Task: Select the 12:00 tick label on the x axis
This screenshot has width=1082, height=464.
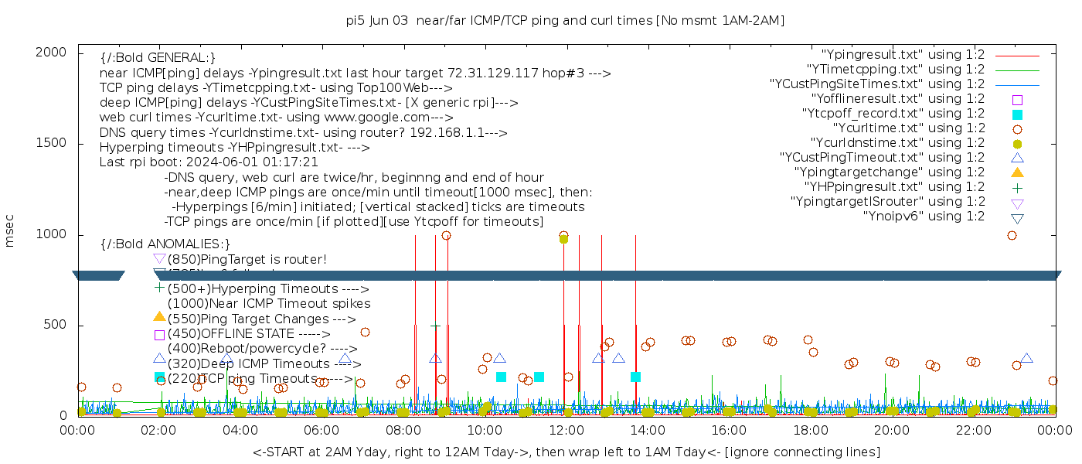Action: [566, 431]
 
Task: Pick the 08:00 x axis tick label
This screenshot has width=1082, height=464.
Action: [403, 431]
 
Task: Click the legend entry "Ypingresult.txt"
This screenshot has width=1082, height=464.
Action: [903, 55]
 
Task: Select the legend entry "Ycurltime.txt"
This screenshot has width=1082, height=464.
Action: [908, 128]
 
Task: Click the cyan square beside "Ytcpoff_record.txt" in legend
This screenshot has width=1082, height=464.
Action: [1017, 114]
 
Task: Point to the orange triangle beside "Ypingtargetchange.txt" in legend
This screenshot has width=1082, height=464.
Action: [1017, 172]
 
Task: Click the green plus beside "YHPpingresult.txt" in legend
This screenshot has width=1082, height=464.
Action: [1017, 187]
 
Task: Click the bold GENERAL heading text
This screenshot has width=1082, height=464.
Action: [158, 58]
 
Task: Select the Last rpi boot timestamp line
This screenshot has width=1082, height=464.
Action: [209, 162]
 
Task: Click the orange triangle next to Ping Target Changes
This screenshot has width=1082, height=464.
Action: [159, 316]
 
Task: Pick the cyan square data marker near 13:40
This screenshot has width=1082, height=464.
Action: [635, 377]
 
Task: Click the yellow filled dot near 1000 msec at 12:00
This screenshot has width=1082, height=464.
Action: [563, 239]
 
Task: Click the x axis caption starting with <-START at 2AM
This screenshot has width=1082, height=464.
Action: [566, 452]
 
